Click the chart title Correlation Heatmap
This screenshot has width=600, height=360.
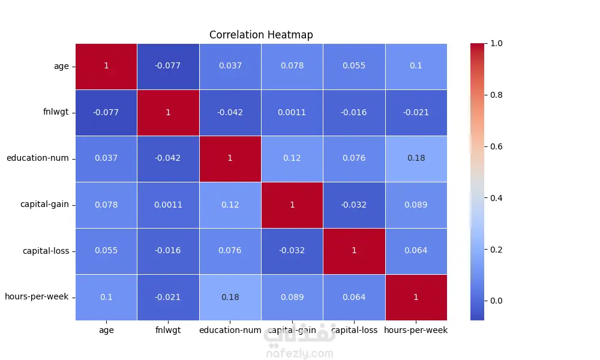tap(261, 35)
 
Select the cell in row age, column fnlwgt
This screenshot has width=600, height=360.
tap(168, 66)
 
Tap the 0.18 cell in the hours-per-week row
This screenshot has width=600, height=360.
tap(230, 297)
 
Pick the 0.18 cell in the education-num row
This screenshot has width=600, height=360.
tap(416, 158)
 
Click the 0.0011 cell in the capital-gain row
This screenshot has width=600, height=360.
tap(168, 205)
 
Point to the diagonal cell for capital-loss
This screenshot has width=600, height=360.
tap(354, 251)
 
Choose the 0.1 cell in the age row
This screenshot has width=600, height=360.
tap(416, 66)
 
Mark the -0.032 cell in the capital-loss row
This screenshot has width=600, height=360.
tap(292, 251)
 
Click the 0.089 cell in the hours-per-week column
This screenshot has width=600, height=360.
tap(416, 205)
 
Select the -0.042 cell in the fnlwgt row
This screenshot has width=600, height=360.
tap(230, 112)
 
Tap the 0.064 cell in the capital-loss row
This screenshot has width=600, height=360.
tap(416, 251)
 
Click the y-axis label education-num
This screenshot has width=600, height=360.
tap(37, 158)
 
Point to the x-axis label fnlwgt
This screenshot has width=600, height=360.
tap(168, 330)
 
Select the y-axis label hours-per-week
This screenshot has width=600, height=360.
tap(37, 297)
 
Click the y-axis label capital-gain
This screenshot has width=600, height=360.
tap(44, 204)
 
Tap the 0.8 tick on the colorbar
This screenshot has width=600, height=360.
tap(496, 95)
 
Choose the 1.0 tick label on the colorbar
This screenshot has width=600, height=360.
tap(496, 44)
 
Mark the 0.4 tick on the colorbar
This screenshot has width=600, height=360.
tap(496, 198)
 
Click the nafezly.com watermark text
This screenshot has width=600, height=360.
tap(299, 354)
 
